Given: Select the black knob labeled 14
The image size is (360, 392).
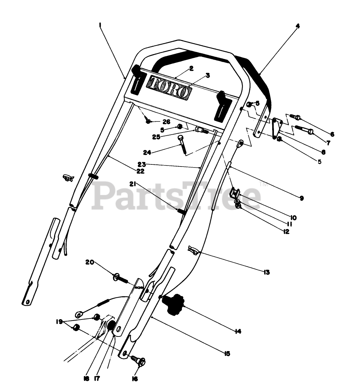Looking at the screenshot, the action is [x=174, y=304].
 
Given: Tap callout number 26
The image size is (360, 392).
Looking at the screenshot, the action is [x=167, y=122].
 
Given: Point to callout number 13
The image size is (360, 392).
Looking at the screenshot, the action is [x=266, y=272].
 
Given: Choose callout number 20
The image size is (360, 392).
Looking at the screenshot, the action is [x=90, y=262].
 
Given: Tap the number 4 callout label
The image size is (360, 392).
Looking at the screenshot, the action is [x=298, y=26].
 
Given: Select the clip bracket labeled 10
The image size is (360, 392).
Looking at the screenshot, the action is [x=236, y=192].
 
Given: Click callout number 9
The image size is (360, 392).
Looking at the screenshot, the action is [x=301, y=198].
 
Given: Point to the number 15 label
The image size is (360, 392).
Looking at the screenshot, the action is [x=227, y=353].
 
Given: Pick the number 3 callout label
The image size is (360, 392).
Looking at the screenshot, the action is [x=208, y=75].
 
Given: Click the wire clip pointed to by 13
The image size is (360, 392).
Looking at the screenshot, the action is [x=193, y=250].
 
